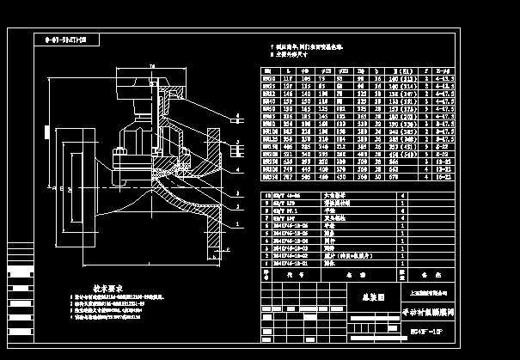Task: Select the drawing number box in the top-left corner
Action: pos(67,40)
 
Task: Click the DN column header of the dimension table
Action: pos(267,69)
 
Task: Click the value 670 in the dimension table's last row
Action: pos(398,180)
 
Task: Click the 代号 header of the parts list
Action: pos(290,276)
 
